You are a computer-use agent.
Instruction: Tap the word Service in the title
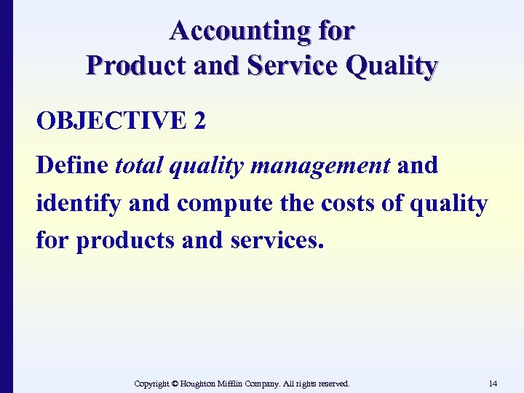(x=291, y=65)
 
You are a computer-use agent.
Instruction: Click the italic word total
(x=139, y=165)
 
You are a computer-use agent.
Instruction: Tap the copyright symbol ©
(x=175, y=383)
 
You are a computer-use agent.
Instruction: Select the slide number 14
(x=493, y=383)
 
